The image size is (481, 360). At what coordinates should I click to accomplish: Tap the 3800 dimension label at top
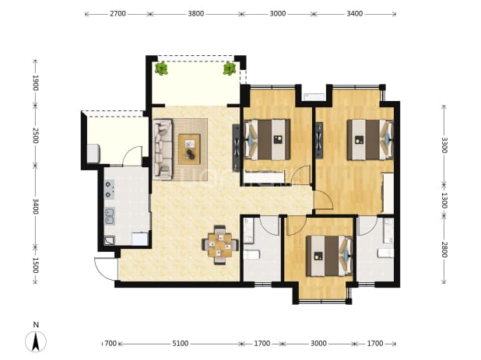click(195, 14)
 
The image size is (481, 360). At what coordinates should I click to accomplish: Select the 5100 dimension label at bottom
click(180, 344)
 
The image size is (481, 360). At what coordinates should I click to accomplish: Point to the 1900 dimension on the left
click(36, 82)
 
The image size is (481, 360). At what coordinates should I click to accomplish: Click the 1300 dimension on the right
click(444, 200)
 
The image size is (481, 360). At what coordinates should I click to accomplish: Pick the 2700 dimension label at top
click(118, 14)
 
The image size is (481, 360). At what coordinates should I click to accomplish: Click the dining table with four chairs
click(219, 245)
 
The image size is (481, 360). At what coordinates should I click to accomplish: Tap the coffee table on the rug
click(189, 149)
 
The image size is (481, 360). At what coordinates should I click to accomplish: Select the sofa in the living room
click(163, 149)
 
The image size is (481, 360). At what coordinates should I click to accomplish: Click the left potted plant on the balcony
click(161, 68)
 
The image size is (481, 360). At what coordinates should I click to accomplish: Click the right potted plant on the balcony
click(229, 68)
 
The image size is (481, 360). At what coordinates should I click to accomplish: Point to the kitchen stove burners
click(110, 190)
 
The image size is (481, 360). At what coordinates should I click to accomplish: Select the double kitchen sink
click(110, 216)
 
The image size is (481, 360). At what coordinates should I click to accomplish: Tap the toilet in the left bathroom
click(252, 254)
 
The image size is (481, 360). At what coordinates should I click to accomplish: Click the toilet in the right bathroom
click(385, 253)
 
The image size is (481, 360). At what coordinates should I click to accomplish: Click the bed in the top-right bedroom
click(370, 140)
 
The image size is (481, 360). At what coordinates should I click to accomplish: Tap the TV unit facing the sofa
click(236, 148)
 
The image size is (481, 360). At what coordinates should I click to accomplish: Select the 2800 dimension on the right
click(444, 250)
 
